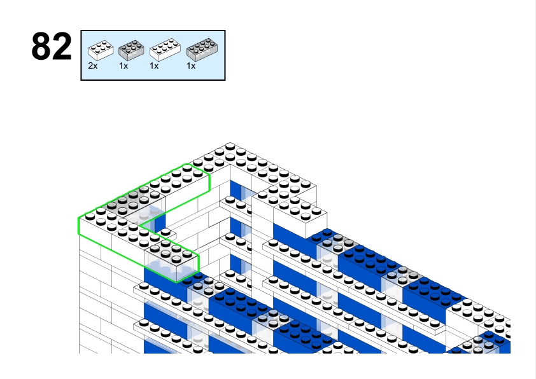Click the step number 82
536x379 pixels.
52,48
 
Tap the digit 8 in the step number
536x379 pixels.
41,48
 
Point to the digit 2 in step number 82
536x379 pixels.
62,48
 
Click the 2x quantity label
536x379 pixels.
92,66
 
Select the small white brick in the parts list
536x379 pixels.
101,49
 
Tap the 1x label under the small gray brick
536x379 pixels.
123,66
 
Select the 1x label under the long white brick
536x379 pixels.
154,66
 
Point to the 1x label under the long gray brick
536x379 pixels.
191,66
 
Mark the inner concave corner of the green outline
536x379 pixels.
141,225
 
